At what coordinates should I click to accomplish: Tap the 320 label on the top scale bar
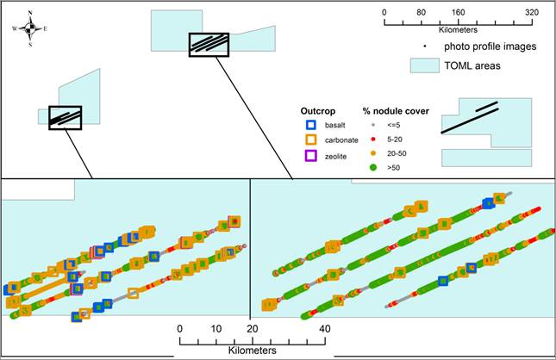coord(531,13)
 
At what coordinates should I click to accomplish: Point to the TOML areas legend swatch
coord(423,65)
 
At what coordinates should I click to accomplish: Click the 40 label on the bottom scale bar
coord(325,329)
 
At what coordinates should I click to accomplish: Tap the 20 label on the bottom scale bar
coord(253,329)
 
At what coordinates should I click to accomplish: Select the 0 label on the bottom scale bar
coord(180,329)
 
